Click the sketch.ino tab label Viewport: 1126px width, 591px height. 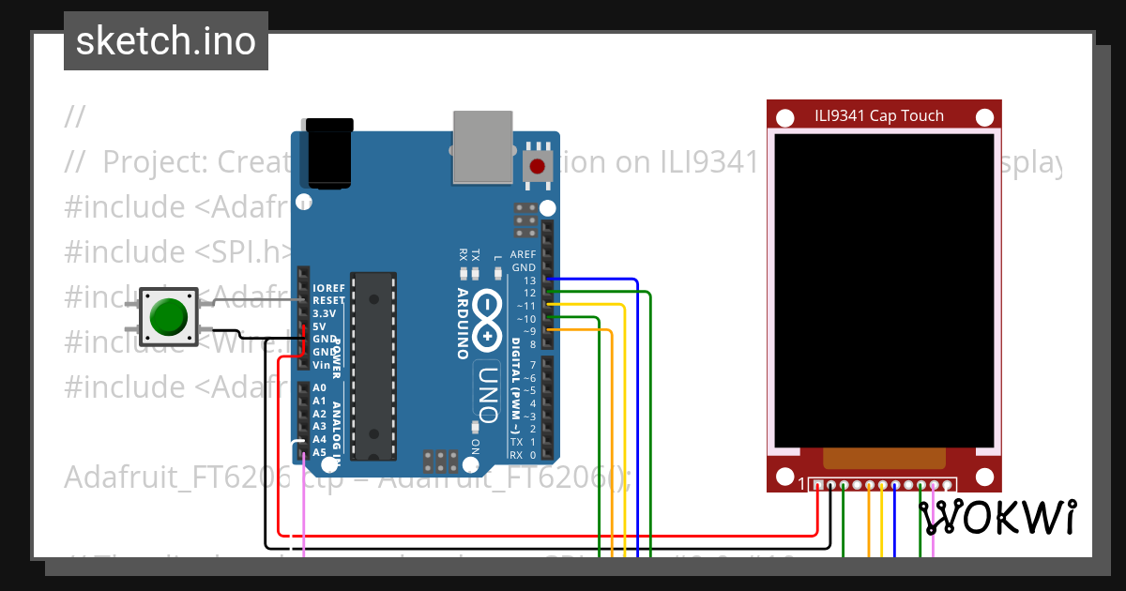166,41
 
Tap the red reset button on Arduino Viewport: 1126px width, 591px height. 537,167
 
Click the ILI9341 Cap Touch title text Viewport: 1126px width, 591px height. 879,116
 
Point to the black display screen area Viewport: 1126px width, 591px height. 883,289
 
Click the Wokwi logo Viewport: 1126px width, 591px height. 997,517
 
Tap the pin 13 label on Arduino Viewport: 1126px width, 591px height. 530,280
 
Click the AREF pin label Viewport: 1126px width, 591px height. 524,254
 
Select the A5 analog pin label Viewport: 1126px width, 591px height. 320,451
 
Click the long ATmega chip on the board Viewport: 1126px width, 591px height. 374,366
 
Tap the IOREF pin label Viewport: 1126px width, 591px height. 329,287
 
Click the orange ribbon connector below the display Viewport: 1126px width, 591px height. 883,458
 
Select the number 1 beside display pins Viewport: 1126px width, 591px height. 801,485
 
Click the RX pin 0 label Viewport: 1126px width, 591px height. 516,455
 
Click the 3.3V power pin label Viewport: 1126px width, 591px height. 324,313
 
